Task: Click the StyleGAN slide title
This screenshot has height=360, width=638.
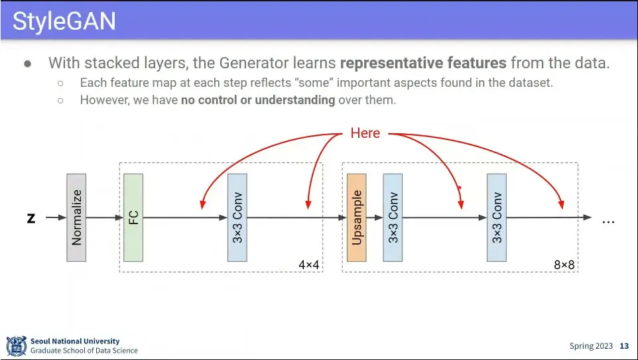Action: click(64, 21)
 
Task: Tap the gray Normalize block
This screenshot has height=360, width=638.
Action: click(76, 217)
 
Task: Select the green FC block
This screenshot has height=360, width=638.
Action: click(133, 217)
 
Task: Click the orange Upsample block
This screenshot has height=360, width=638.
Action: click(356, 217)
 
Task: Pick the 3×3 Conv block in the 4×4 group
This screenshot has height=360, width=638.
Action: click(237, 217)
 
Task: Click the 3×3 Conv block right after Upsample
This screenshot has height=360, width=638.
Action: click(393, 217)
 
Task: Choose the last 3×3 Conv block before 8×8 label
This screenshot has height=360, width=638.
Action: click(496, 217)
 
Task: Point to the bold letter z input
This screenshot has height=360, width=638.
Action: click(31, 217)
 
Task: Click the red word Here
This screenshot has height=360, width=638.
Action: click(365, 133)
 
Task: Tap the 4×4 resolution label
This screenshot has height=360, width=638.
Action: click(308, 265)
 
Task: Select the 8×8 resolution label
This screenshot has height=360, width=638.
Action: click(564, 265)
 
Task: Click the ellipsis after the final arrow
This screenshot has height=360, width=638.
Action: click(608, 221)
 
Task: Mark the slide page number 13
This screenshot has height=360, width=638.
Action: click(624, 346)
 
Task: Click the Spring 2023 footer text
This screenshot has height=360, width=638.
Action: click(591, 346)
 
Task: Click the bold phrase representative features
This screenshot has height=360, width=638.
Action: click(423, 64)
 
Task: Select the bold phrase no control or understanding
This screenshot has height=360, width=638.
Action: click(258, 100)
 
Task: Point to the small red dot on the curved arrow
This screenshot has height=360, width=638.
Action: click(459, 188)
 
